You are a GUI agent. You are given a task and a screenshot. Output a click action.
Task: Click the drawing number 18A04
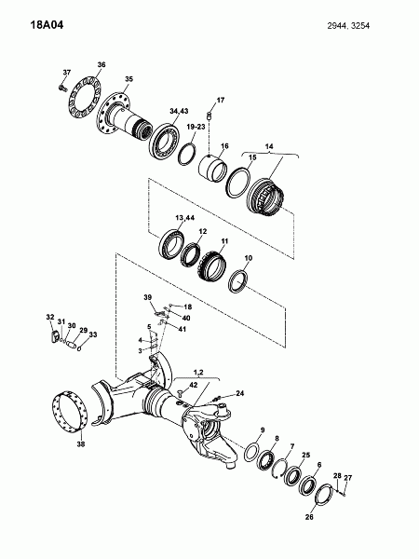(47, 25)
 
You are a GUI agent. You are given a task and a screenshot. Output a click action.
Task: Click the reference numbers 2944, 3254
(348, 26)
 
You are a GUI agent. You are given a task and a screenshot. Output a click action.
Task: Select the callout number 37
(67, 73)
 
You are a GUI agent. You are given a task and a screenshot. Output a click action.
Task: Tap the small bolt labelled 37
(62, 88)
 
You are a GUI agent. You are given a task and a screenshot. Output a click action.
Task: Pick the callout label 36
(101, 64)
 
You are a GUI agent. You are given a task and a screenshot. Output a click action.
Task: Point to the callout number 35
(128, 79)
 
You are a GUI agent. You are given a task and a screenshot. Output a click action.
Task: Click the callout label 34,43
(179, 111)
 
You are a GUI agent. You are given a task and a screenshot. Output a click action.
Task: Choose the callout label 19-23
(196, 127)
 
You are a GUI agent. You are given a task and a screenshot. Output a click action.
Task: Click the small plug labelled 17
(209, 116)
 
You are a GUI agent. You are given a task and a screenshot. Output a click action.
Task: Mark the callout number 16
(224, 146)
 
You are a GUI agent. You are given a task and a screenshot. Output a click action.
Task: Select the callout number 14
(269, 146)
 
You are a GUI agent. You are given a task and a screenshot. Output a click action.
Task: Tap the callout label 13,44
(185, 218)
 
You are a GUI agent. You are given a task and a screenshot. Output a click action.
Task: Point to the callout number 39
(148, 297)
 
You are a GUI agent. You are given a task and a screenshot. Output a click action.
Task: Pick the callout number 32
(50, 317)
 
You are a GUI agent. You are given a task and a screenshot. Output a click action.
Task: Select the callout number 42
(193, 385)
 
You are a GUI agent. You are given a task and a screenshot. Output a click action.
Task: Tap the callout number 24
(240, 393)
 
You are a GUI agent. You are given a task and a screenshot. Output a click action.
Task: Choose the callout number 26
(309, 516)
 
